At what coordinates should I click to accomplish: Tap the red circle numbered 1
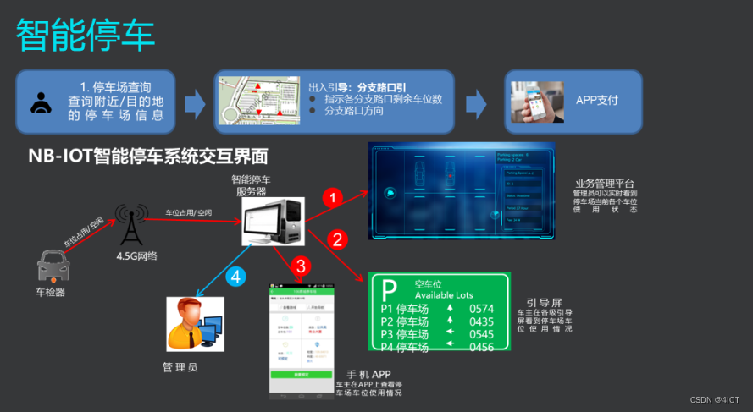(x=334, y=198)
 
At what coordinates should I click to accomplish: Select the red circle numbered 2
(x=337, y=239)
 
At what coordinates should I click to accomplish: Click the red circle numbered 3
(x=298, y=266)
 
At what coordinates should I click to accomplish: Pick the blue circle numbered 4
(x=238, y=276)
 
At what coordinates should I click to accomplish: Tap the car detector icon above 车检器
(x=53, y=266)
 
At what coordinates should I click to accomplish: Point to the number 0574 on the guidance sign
(x=481, y=309)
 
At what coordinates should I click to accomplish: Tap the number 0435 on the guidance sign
(x=481, y=321)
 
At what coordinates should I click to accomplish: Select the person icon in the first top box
(x=40, y=102)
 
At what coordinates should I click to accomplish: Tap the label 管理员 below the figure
(x=180, y=367)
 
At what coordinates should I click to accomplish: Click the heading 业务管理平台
(x=604, y=183)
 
